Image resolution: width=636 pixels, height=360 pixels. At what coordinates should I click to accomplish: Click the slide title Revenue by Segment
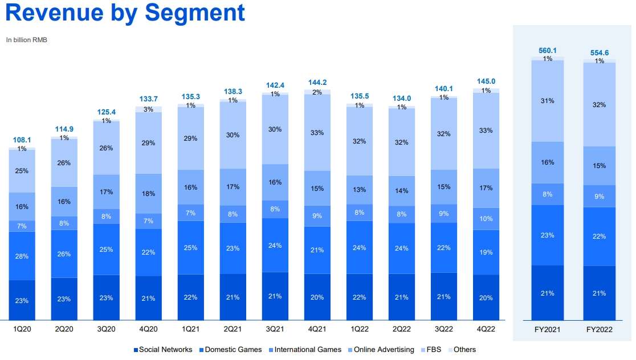[x=125, y=13]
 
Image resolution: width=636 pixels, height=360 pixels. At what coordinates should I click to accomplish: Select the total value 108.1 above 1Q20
[x=22, y=139]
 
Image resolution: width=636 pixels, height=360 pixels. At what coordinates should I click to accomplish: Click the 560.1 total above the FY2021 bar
[x=548, y=50]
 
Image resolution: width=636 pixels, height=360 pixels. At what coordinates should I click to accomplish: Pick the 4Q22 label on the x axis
[x=486, y=329]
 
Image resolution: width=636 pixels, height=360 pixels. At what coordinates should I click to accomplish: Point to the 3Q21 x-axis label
[x=275, y=329]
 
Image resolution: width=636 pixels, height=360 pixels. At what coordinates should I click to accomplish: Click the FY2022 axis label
[x=600, y=329]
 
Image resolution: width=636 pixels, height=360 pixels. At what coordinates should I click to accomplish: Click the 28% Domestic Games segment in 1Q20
[x=22, y=256]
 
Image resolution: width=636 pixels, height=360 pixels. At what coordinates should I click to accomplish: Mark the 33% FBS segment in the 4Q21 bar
[x=317, y=133]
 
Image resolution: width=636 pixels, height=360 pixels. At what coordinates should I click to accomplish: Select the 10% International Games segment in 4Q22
[x=486, y=219]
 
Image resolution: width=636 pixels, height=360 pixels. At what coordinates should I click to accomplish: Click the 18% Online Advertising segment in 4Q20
[x=149, y=194]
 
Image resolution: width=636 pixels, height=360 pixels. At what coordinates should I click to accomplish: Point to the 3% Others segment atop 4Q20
[x=149, y=109]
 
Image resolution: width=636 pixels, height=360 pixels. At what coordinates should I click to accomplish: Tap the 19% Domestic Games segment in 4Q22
[x=486, y=252]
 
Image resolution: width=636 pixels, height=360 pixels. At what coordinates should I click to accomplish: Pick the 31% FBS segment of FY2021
[x=548, y=101]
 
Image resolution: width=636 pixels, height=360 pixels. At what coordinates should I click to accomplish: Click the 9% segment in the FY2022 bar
[x=600, y=197]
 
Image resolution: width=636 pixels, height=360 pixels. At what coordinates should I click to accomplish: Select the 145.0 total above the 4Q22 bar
[x=486, y=81]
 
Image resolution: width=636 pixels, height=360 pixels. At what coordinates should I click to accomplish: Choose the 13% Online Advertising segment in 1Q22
[x=360, y=190]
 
